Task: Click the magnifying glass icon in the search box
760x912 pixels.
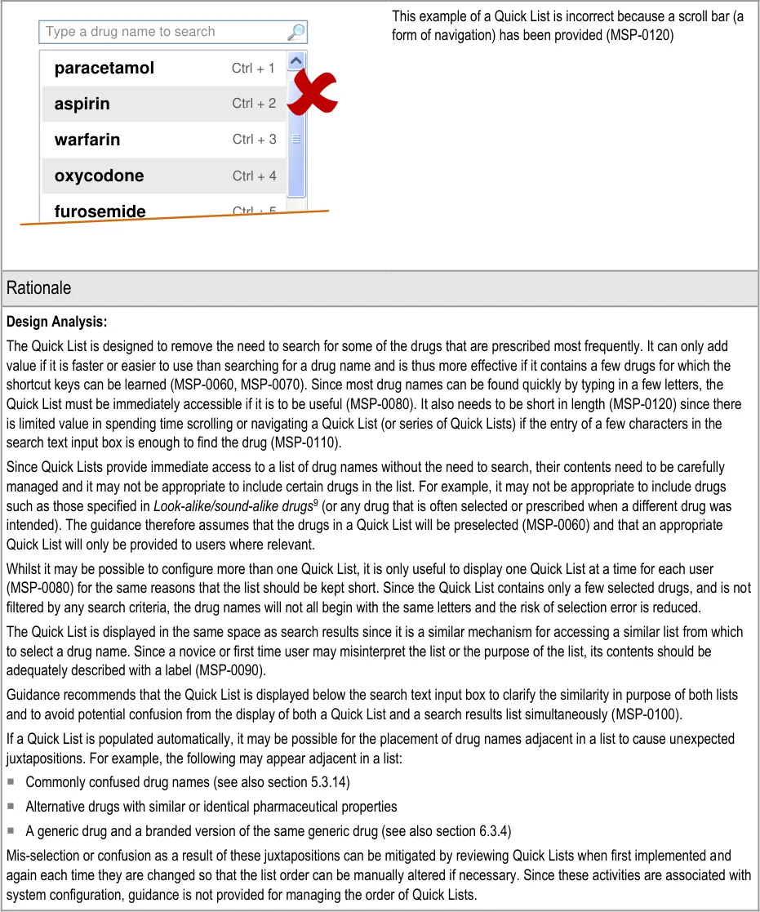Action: click(296, 33)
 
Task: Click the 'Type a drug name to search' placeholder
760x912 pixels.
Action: click(131, 32)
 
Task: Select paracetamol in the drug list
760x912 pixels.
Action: click(104, 69)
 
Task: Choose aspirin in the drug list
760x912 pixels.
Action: click(82, 105)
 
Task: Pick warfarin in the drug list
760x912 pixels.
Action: click(87, 140)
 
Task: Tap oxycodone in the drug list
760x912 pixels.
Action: click(99, 176)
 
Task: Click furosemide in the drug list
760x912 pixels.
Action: click(100, 211)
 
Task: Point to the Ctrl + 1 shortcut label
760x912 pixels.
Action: click(253, 69)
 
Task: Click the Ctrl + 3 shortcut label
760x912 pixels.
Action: click(254, 140)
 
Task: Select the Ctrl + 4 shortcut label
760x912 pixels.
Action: click(254, 176)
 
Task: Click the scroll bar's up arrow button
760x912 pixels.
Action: click(296, 60)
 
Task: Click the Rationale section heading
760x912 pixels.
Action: click(38, 288)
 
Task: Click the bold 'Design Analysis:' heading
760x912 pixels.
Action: click(56, 323)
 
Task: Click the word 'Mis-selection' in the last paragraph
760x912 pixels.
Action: click(43, 856)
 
